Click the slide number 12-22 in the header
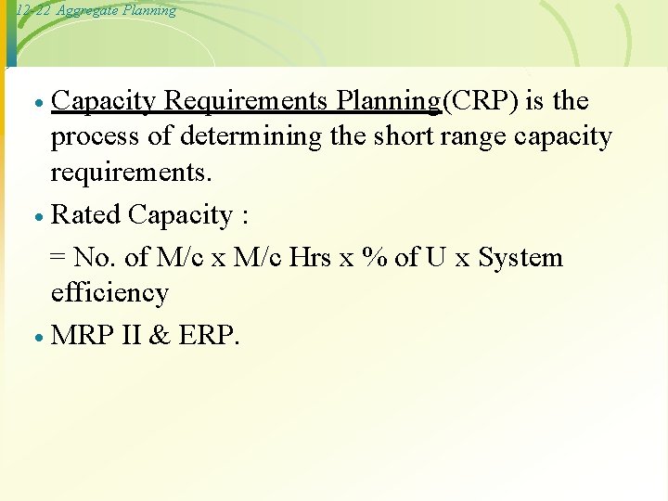coord(25,10)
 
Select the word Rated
coord(86,215)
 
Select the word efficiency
coord(109,293)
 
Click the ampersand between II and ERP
coord(159,335)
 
